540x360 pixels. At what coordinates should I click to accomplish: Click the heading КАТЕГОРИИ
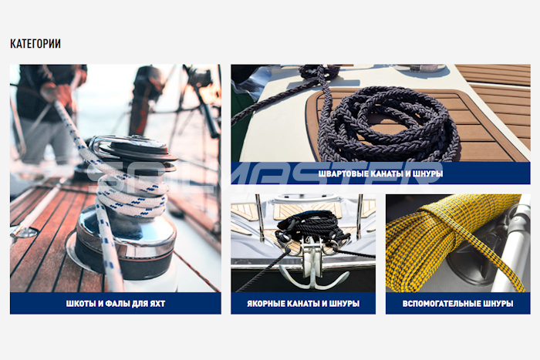pyautogui.click(x=35, y=44)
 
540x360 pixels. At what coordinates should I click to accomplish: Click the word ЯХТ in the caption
pyautogui.click(x=157, y=304)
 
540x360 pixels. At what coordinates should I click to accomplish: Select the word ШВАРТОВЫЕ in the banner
pyautogui.click(x=343, y=173)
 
